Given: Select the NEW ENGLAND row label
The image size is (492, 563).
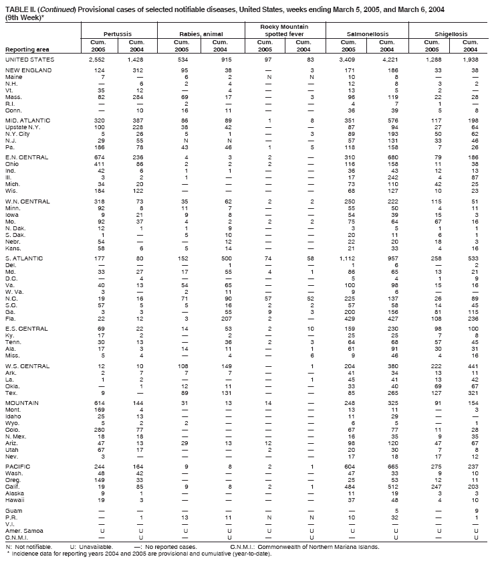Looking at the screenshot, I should coord(29,70).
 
